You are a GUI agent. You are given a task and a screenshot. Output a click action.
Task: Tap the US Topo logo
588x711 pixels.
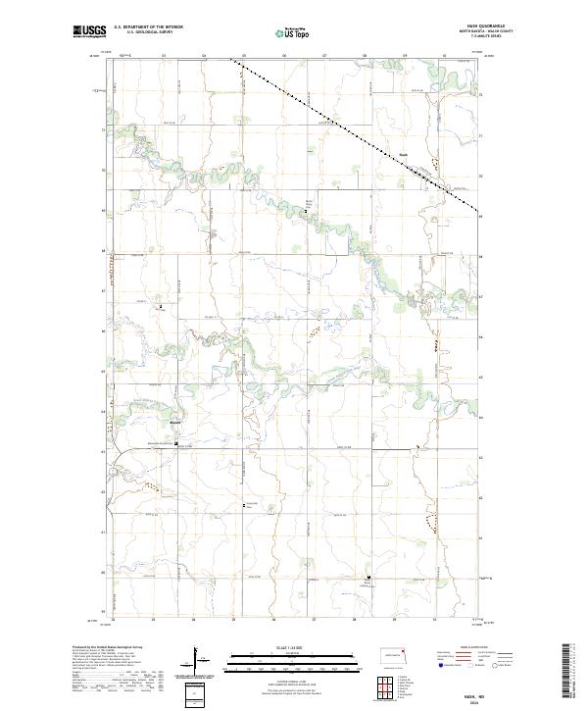click(x=294, y=31)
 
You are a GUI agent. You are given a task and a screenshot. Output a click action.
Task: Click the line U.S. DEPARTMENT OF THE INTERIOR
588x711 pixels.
click(x=148, y=28)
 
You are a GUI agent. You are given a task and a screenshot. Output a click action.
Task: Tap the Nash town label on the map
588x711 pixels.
click(x=403, y=153)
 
